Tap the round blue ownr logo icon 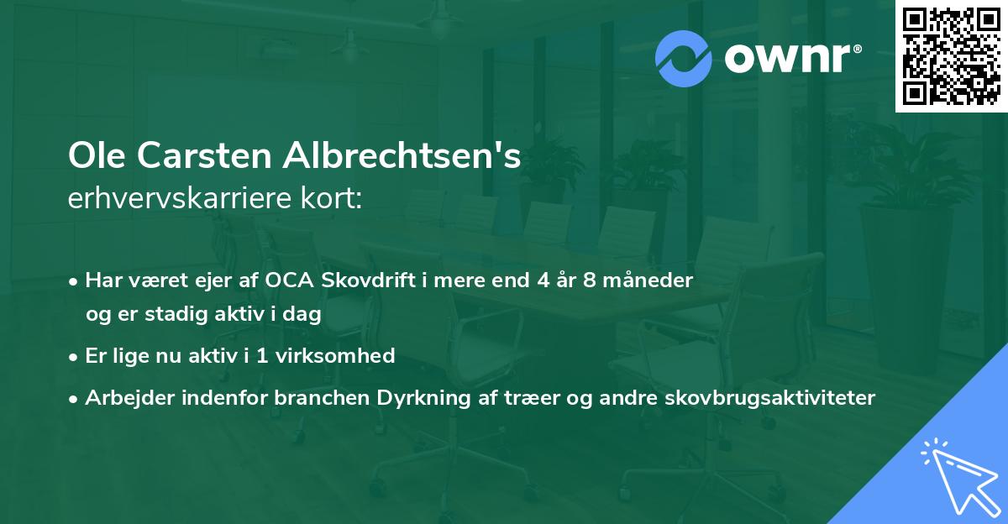pyautogui.click(x=685, y=59)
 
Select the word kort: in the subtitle pyautogui.click(x=333, y=198)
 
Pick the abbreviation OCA pyautogui.click(x=293, y=280)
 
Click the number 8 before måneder pyautogui.click(x=590, y=280)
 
